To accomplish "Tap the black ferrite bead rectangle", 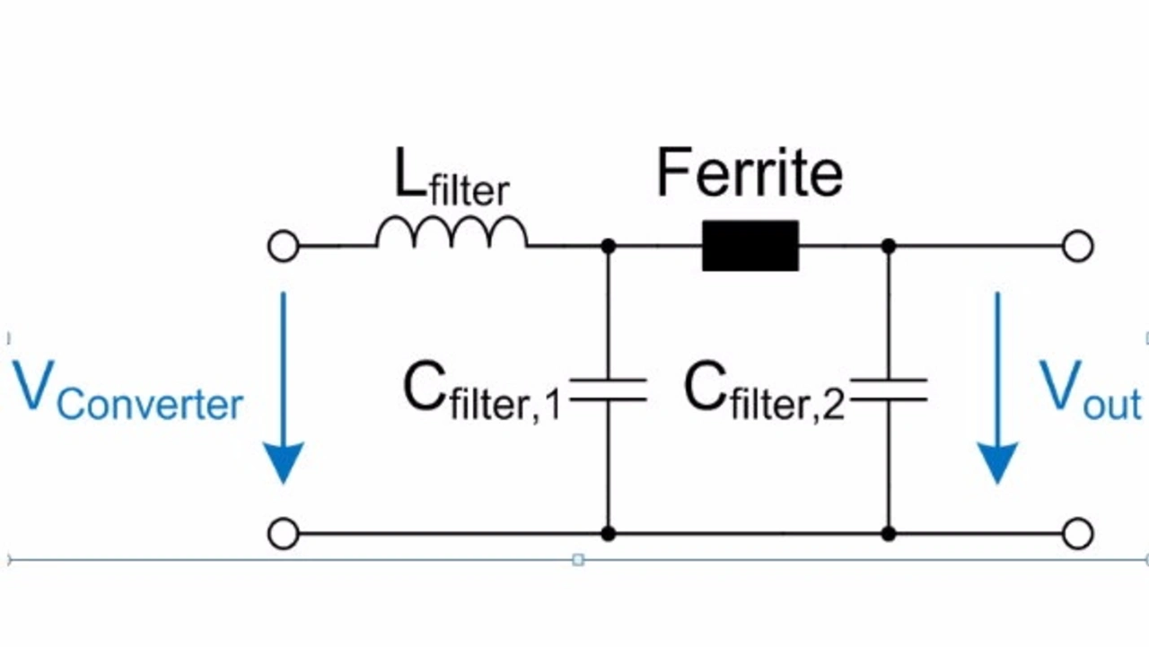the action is point(750,246).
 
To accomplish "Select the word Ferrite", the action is point(750,172).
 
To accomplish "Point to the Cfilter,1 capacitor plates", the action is point(608,389).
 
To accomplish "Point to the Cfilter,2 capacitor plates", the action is point(889,389).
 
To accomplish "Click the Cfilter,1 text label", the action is point(482,392).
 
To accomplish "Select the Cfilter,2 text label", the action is point(764,392).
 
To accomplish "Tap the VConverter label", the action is point(127,390).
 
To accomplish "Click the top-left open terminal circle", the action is point(283,246).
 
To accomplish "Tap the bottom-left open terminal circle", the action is point(283,534).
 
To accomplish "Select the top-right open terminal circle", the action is point(1078,246).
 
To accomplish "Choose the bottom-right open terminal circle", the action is point(1078,534).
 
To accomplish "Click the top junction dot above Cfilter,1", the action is point(608,246).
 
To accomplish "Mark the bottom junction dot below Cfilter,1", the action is point(608,534).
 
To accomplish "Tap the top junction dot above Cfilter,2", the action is point(889,246).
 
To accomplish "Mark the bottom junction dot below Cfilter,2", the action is point(889,534).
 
